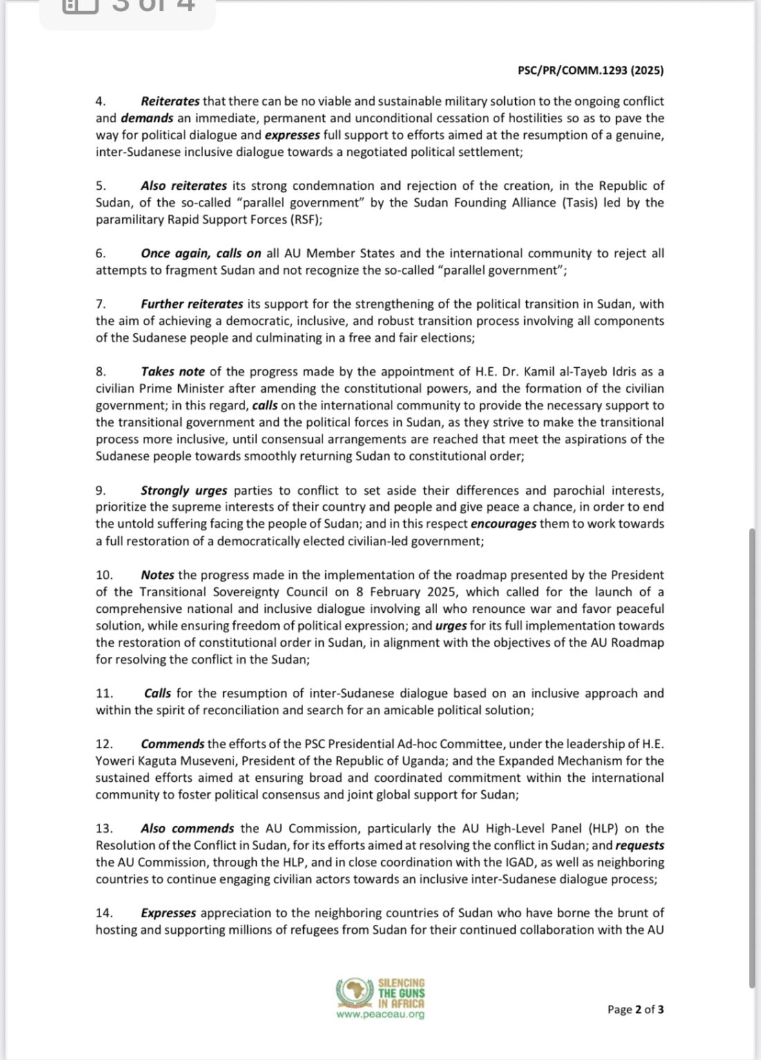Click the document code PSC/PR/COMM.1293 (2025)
point(590,70)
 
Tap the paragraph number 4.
point(100,101)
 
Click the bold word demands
point(147,118)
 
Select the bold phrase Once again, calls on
point(201,253)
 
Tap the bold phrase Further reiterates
point(192,304)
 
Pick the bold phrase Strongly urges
point(184,491)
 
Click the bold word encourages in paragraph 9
point(503,524)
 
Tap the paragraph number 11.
point(103,694)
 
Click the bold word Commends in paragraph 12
point(173,744)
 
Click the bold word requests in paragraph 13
point(639,845)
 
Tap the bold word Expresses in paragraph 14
point(168,913)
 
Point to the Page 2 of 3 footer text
point(635,1010)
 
